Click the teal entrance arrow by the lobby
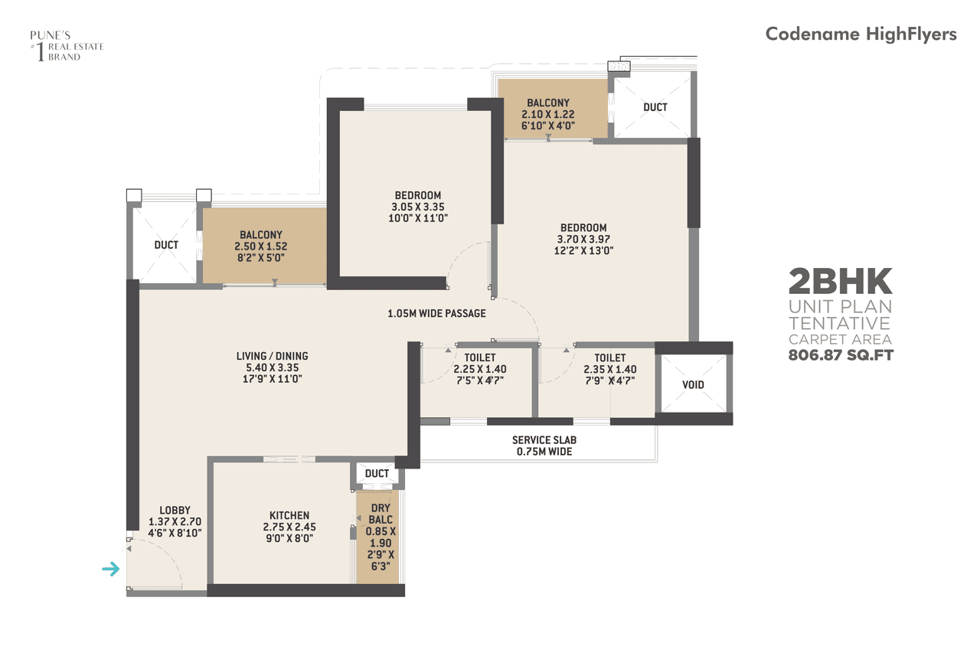(x=112, y=569)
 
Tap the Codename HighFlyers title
(x=861, y=34)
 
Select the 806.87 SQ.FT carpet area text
(x=841, y=354)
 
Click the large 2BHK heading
(x=841, y=282)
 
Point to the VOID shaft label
(x=693, y=384)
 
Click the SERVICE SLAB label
(x=544, y=440)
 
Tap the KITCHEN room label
(x=289, y=515)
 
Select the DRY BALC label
(x=381, y=514)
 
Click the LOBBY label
(x=175, y=510)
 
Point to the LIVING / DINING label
(x=272, y=356)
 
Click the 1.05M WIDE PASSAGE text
(x=436, y=313)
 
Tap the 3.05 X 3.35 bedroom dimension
(x=418, y=207)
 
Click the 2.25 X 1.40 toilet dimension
(x=480, y=369)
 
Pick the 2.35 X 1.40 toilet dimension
(x=609, y=369)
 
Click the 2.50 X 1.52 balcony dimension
(x=261, y=247)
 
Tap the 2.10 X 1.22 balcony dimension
(x=547, y=114)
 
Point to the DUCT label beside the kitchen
(x=377, y=474)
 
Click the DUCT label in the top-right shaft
(x=655, y=107)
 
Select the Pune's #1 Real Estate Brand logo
(x=66, y=46)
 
